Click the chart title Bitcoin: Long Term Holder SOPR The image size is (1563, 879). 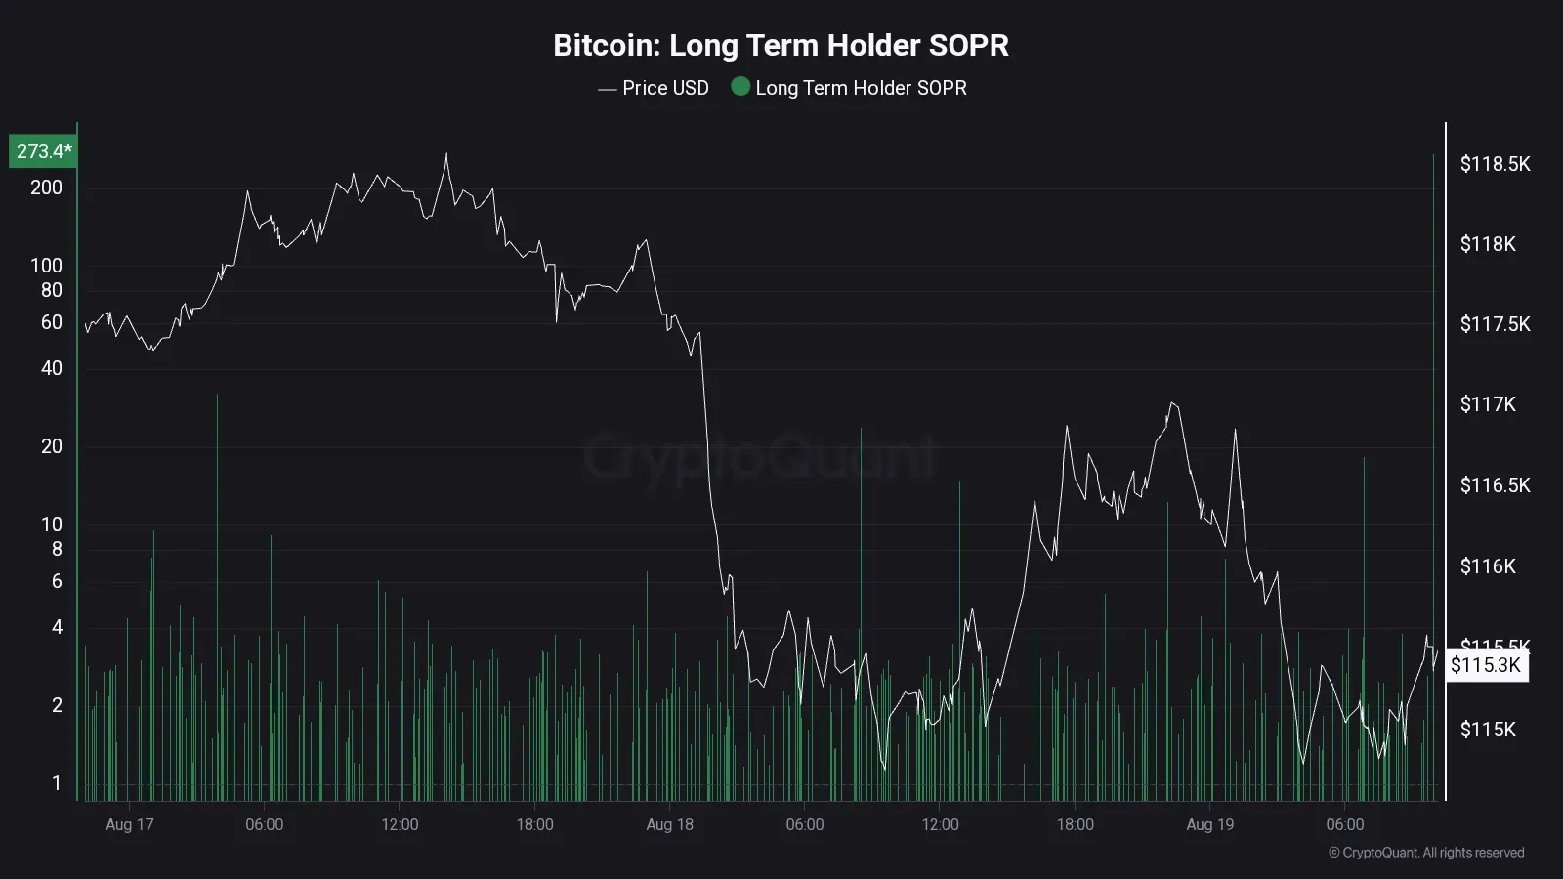(781, 45)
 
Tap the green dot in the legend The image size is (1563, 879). (740, 87)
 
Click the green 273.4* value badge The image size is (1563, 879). (43, 151)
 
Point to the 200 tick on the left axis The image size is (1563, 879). (46, 188)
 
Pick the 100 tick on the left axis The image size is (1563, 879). (46, 266)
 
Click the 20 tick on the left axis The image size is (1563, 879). (51, 446)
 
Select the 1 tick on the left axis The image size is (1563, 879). (57, 783)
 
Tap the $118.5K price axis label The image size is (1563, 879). (1495, 164)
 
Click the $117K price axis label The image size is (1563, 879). (1488, 404)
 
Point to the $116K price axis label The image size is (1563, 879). (1488, 566)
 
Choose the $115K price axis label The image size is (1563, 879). (1488, 730)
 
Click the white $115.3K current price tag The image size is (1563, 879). (1486, 666)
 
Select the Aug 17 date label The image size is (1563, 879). (130, 824)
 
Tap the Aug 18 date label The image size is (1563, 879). (670, 824)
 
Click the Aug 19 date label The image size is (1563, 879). (1209, 824)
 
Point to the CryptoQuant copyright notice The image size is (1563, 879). (1426, 853)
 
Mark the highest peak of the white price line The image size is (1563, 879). (446, 153)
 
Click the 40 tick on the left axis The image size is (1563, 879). (51, 368)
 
